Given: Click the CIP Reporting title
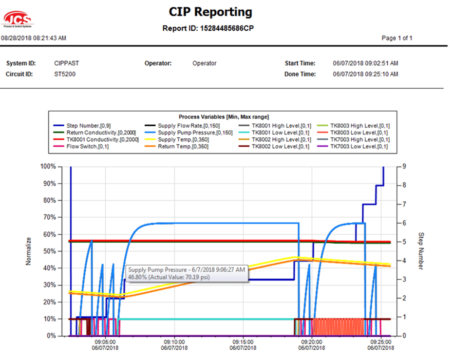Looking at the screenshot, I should point(210,12).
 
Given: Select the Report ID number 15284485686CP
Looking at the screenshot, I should point(227,28).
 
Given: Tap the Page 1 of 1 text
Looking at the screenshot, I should point(397,38).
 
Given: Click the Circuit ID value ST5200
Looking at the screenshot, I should point(65,75).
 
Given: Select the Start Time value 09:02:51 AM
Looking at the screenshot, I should point(365,63).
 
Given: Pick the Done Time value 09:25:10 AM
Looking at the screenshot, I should point(365,75).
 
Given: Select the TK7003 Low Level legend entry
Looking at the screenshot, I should point(359,146).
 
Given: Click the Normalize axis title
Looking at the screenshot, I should point(28,251).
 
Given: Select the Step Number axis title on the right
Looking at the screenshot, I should point(420,251).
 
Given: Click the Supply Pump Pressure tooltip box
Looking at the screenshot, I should point(187,273).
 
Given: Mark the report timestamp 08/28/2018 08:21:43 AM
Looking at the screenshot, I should point(34,38).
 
